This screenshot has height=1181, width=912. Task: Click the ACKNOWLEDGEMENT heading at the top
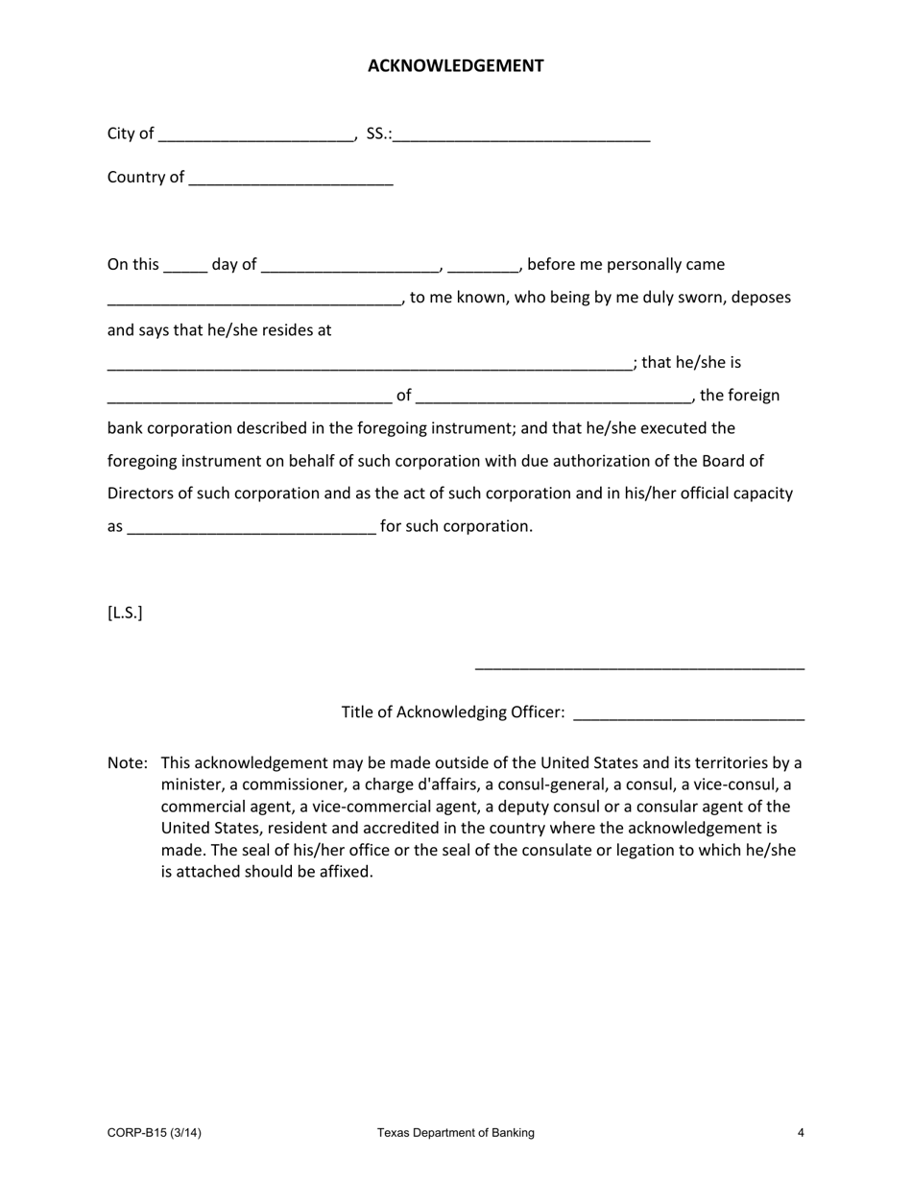pos(455,65)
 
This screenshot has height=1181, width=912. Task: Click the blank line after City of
pos(256,135)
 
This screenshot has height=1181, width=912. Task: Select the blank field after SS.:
pos(521,135)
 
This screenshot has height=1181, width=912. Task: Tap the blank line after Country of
pos(292,180)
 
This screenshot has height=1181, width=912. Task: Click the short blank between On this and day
pos(185,266)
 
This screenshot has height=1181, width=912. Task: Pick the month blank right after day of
pos(350,266)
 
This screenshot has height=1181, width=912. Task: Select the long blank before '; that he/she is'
pos(370,365)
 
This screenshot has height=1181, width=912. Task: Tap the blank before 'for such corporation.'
pos(251,528)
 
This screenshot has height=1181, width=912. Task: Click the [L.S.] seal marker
pos(125,613)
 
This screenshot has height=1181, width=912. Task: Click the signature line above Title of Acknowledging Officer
pos(639,666)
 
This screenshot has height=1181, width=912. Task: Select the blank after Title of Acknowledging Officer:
pos(688,714)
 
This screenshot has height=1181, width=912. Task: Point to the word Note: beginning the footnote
pos(128,763)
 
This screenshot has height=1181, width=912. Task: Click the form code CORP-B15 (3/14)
pos(155,1133)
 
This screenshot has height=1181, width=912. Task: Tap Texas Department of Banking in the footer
pos(455,1133)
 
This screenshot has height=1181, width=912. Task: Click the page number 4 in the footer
pos(801,1133)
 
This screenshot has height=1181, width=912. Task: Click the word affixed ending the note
pos(341,872)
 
